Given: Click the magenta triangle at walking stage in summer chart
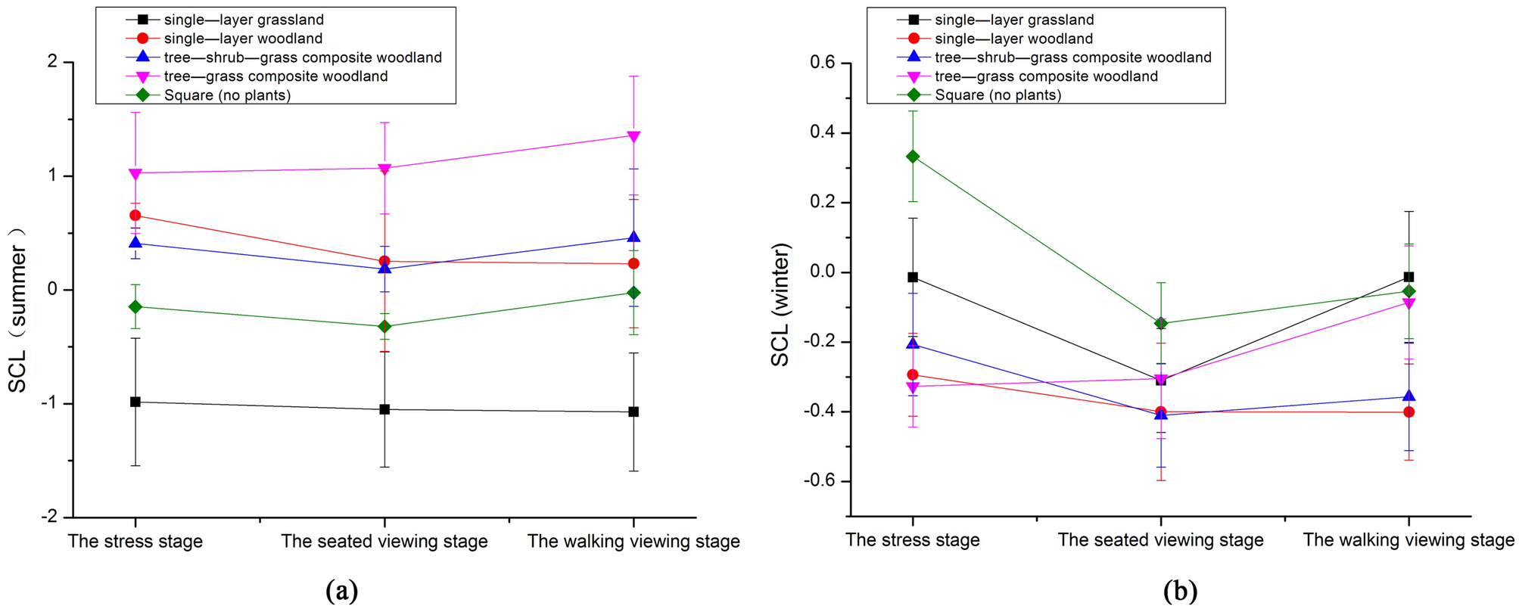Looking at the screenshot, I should click(x=633, y=136).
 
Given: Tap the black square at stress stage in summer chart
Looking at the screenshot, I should click(x=135, y=402).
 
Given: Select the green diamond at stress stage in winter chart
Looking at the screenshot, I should click(x=913, y=157).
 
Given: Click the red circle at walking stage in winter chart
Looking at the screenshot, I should click(x=1408, y=412).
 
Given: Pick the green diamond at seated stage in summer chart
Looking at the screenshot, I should click(x=384, y=327).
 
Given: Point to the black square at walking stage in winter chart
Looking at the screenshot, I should click(x=1408, y=278).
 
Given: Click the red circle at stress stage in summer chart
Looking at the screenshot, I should click(x=135, y=216).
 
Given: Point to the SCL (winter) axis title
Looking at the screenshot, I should click(x=780, y=305).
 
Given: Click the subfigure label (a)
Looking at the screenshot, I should click(x=341, y=590).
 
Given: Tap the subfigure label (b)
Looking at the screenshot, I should click(x=1181, y=590).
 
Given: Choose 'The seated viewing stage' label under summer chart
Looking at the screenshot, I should click(x=384, y=542).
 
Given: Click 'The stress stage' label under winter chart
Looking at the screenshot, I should click(x=913, y=540).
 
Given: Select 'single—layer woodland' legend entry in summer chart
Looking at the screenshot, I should click(x=243, y=39).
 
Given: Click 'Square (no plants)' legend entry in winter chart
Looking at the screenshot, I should click(x=998, y=95).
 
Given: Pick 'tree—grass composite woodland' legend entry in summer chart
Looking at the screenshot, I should click(x=275, y=76).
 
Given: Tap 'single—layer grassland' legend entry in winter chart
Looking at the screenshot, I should click(x=1014, y=20).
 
